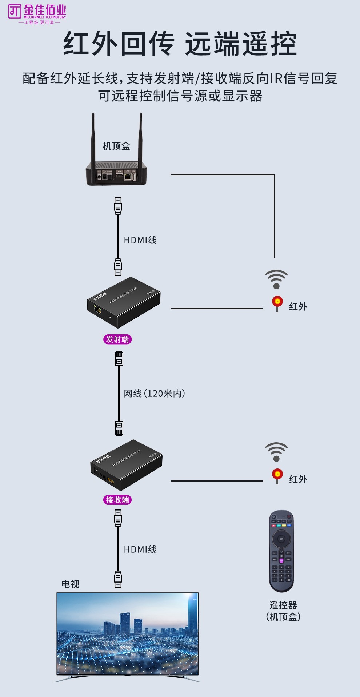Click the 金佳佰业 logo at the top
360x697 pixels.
pyautogui.click(x=37, y=14)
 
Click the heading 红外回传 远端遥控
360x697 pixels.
pyautogui.click(x=180, y=44)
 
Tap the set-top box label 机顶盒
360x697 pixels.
pyautogui.click(x=116, y=146)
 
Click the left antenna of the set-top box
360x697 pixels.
pyautogui.click(x=93, y=138)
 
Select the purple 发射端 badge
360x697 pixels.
pyautogui.click(x=117, y=339)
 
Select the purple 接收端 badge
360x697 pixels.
pyautogui.click(x=117, y=500)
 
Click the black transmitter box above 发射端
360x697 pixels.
pyautogui.click(x=124, y=302)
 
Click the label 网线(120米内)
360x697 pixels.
pyautogui.click(x=155, y=394)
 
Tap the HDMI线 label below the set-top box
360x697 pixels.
pyautogui.click(x=140, y=240)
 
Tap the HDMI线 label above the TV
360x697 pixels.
pyautogui.click(x=140, y=549)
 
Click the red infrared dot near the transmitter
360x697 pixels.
pyautogui.click(x=277, y=302)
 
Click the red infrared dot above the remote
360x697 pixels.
pyautogui.click(x=277, y=474)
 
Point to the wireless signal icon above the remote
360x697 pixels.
pyautogui.click(x=276, y=452)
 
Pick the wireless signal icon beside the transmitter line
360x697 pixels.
pyautogui.click(x=276, y=279)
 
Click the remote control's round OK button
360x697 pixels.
pyautogui.click(x=281, y=539)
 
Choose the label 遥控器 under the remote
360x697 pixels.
pyautogui.click(x=283, y=605)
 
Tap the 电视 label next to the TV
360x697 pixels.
pyautogui.click(x=71, y=584)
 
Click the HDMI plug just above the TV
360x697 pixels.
pyautogui.click(x=118, y=579)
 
